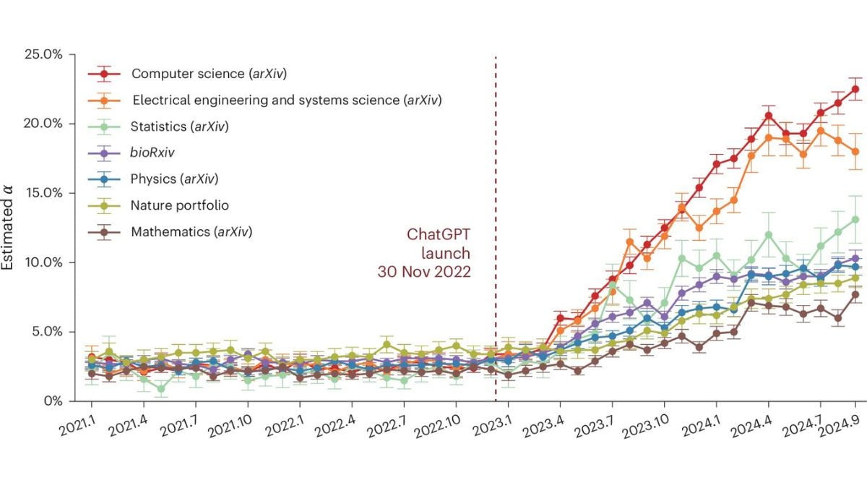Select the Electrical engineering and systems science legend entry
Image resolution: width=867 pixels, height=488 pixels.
[x=286, y=100]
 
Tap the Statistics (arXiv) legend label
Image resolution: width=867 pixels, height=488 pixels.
[x=179, y=127]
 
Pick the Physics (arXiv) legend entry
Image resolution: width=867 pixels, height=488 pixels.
[x=174, y=179]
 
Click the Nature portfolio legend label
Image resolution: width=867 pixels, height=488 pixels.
[x=180, y=205]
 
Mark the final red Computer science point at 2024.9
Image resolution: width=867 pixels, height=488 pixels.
[x=855, y=89]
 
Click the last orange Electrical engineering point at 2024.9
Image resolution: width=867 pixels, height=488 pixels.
[x=855, y=151]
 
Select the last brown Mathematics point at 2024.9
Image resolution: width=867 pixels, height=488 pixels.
[x=855, y=294]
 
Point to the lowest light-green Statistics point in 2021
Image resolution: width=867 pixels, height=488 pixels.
[x=161, y=388]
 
